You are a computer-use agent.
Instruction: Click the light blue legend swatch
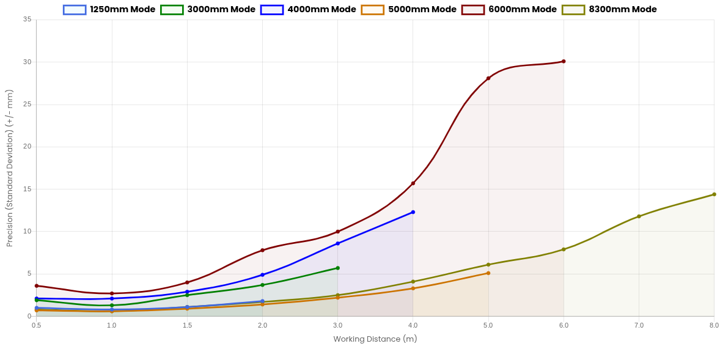[75, 10]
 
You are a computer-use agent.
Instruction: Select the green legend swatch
[172, 10]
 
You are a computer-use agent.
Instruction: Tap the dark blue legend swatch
[272, 10]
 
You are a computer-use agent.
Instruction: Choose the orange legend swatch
[372, 10]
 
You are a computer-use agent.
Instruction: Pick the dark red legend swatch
[472, 10]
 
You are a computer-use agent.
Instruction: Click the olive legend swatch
[573, 10]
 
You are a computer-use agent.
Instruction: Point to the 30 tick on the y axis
[28, 62]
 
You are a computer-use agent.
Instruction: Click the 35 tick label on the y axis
[28, 19]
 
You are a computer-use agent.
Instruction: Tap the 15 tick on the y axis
[28, 189]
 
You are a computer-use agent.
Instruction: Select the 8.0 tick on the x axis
[713, 325]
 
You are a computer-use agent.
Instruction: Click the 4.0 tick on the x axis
[413, 325]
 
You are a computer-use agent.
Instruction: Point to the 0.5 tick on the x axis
[37, 325]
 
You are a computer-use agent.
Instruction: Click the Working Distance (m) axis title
[375, 339]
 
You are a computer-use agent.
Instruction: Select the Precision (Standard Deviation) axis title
[10, 167]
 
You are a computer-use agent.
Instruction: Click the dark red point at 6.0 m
[564, 62]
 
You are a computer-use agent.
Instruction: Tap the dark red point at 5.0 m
[488, 78]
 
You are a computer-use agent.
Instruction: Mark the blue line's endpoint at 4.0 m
[413, 212]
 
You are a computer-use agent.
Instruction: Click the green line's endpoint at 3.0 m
[337, 268]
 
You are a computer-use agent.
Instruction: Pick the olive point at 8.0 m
[713, 194]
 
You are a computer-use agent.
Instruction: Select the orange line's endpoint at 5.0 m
[488, 273]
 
